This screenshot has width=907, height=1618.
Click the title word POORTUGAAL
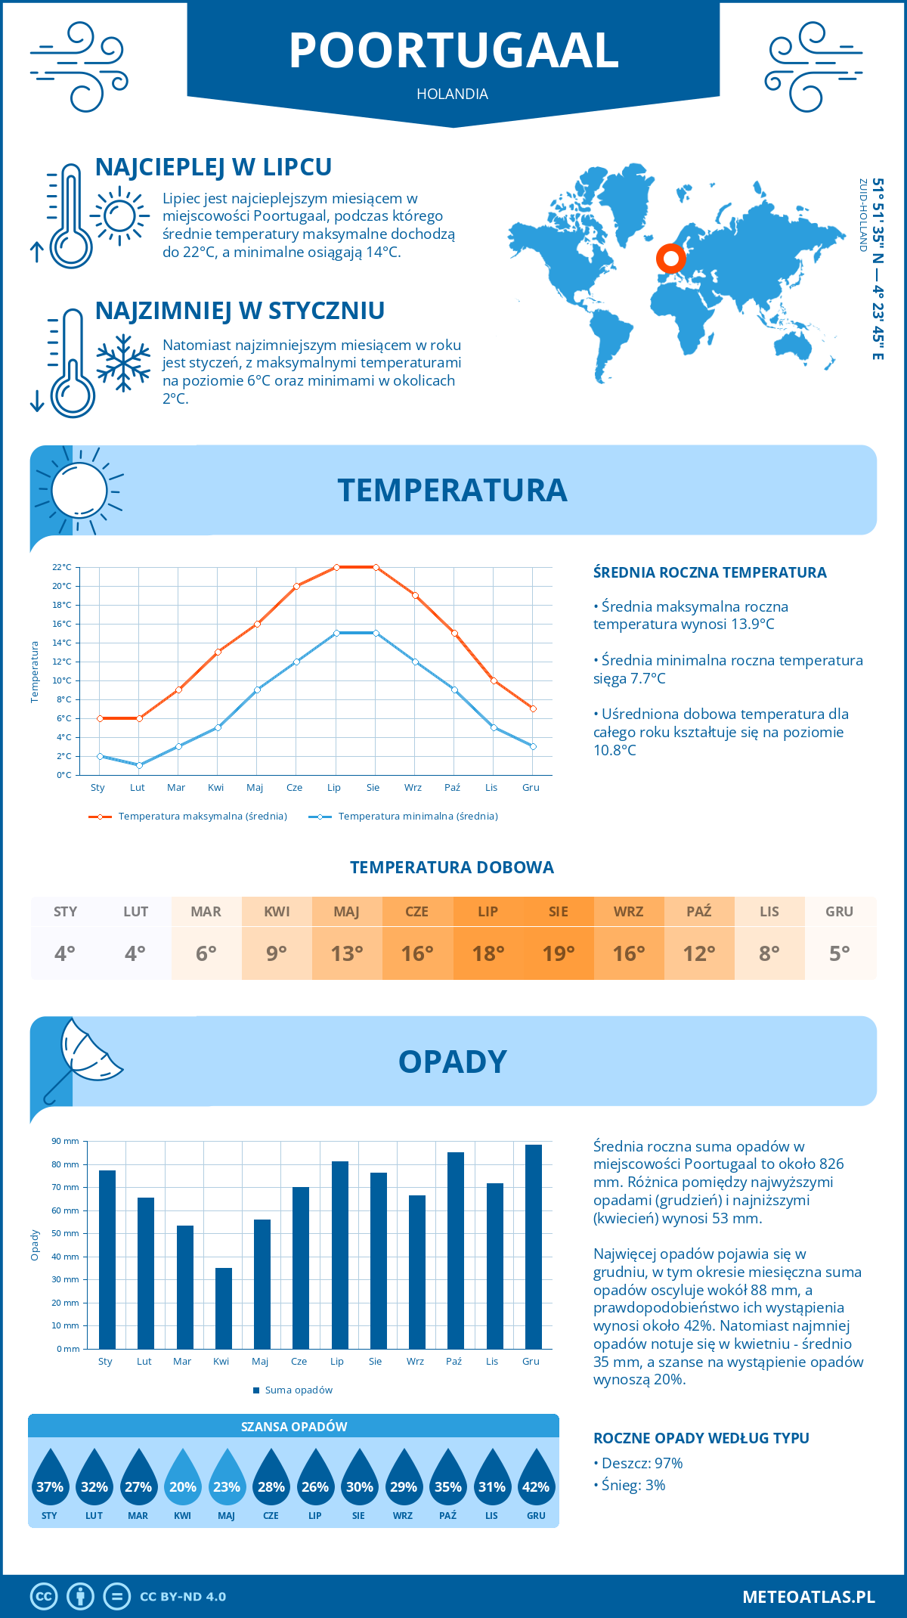coord(453,51)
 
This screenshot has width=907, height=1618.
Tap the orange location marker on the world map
coord(670,258)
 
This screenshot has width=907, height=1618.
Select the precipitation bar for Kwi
coord(224,1308)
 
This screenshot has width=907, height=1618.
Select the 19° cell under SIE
coord(559,953)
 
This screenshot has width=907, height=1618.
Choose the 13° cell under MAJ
coord(347,953)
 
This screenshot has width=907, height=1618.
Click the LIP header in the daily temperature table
coord(488,912)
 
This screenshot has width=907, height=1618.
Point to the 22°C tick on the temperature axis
coord(62,567)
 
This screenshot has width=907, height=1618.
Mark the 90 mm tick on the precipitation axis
coord(66,1141)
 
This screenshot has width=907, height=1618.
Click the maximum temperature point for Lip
coord(336,567)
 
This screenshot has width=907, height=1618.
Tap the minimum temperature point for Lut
coord(139,765)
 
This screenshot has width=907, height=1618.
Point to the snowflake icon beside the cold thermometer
coord(123,363)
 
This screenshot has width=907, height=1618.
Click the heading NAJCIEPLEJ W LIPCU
coord(214,167)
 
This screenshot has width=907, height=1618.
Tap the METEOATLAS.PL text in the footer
coord(809,1596)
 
